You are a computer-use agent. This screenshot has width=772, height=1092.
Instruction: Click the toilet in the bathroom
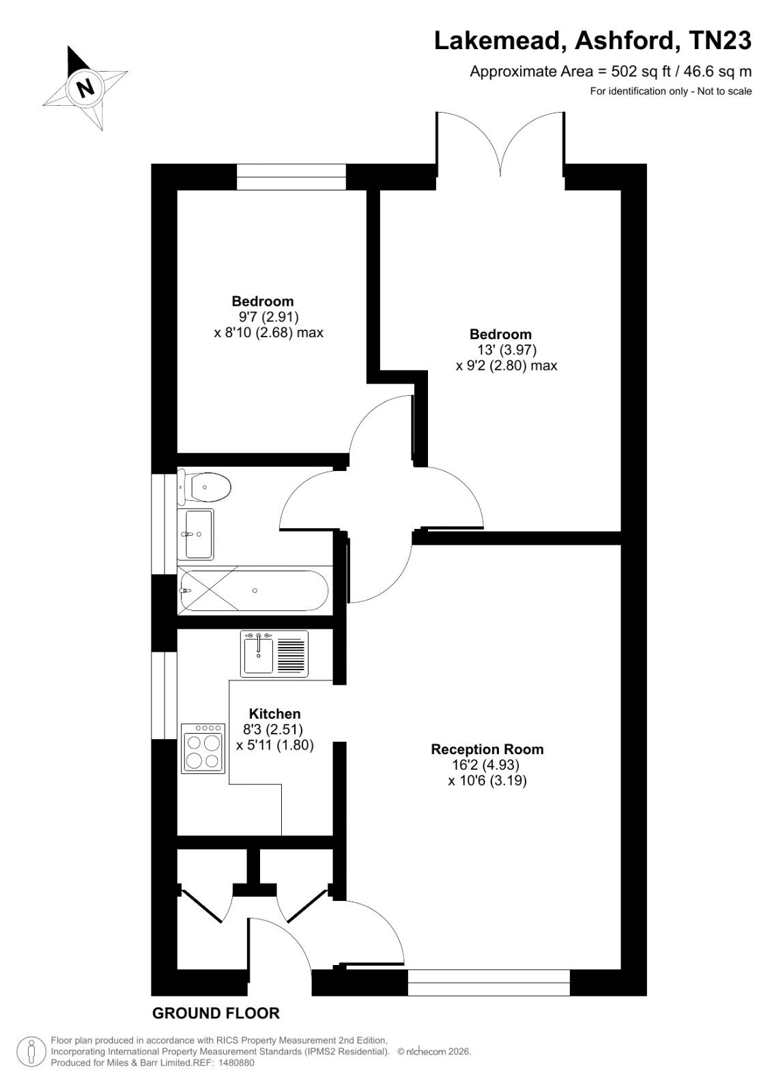point(204,487)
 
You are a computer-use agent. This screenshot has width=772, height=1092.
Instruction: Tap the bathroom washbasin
point(196,534)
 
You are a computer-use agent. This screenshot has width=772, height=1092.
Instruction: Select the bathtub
point(255,591)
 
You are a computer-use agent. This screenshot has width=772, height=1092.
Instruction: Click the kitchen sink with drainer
point(274,654)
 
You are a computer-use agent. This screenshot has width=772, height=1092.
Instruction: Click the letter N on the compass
point(86,88)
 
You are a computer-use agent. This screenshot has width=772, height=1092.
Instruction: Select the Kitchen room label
point(274,714)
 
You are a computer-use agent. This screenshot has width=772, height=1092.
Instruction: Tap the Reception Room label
point(487,749)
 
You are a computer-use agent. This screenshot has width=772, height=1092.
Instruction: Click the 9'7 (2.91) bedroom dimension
point(266,317)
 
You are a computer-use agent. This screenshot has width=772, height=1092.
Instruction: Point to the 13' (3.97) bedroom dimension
point(506,350)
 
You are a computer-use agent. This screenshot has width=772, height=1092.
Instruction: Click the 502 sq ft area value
point(636,72)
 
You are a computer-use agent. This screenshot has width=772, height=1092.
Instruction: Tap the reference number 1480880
point(235,1063)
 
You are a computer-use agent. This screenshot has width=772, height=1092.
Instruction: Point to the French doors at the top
point(500,146)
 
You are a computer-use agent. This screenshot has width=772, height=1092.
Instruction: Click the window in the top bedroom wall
point(291,177)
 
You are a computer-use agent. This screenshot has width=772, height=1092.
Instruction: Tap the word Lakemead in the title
point(500,42)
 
